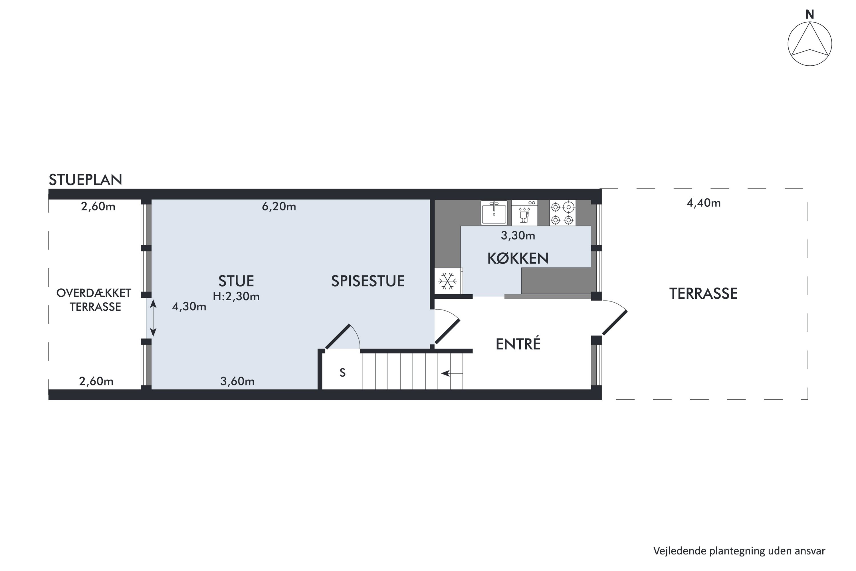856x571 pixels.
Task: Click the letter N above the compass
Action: (810, 15)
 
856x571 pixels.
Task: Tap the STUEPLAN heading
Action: (86, 180)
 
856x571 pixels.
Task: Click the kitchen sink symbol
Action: (494, 213)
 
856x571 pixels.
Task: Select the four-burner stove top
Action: (563, 213)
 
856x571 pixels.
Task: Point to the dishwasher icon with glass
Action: (524, 213)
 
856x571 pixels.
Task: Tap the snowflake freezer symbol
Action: (448, 281)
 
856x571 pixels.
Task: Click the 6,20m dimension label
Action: (279, 207)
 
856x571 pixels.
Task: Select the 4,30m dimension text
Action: (189, 307)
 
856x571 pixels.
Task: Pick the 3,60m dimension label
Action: (237, 381)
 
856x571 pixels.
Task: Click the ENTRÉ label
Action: (518, 344)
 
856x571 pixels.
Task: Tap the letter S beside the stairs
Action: (342, 373)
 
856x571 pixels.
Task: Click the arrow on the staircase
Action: (452, 373)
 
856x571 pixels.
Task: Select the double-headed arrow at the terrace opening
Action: (153, 318)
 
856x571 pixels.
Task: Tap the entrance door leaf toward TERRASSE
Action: (615, 323)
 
